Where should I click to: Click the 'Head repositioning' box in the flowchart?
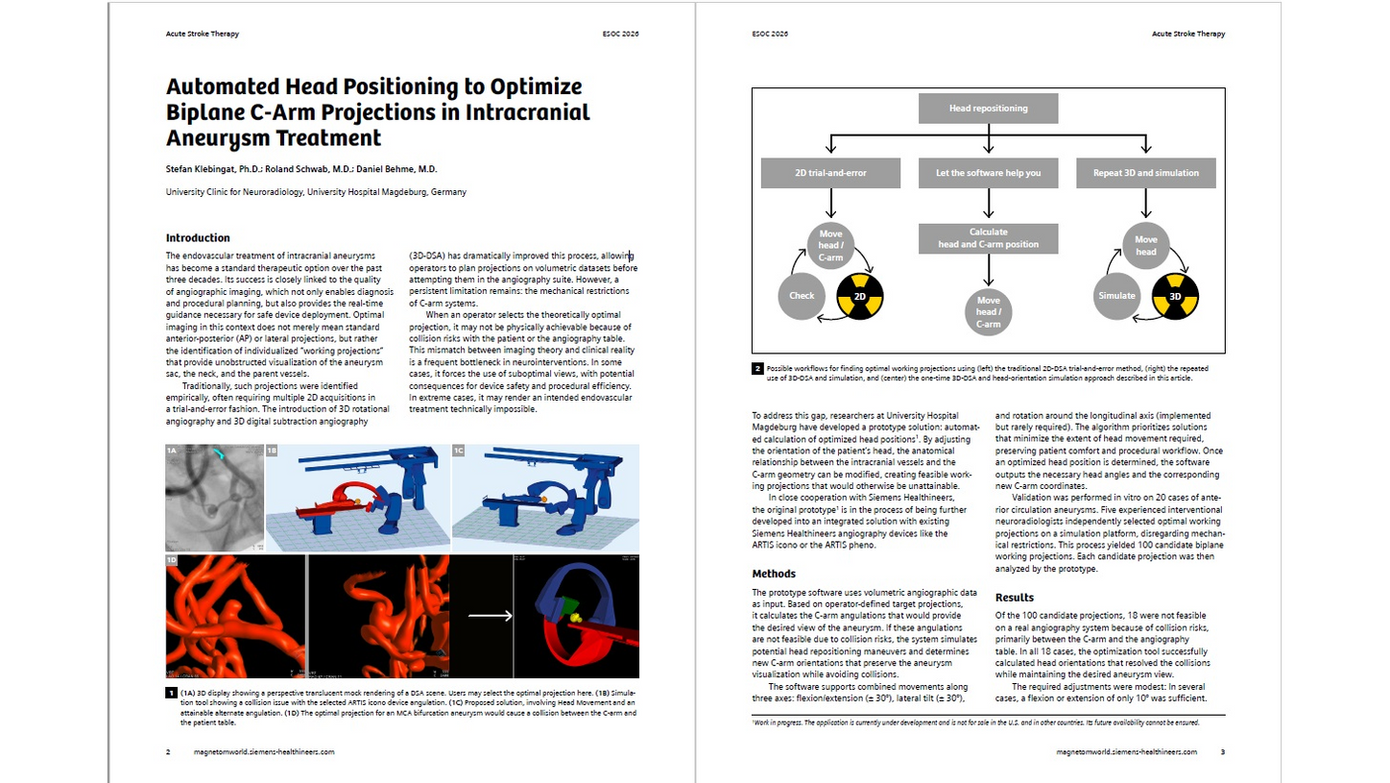click(988, 109)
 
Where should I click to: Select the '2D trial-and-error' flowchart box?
click(831, 173)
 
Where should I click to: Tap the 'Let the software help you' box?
click(988, 173)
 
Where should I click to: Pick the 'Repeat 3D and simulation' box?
click(1145, 173)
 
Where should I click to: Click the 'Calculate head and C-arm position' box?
click(988, 238)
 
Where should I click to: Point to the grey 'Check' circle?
click(802, 296)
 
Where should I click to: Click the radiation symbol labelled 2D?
click(861, 296)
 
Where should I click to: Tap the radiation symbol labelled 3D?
click(1175, 296)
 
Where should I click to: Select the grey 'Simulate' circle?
click(1116, 296)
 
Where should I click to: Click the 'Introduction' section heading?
click(198, 237)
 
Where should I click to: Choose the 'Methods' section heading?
click(774, 574)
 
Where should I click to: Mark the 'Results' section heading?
click(1015, 597)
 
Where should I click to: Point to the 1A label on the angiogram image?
click(173, 451)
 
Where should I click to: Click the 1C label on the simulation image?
click(460, 451)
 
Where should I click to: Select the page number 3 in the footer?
click(1222, 751)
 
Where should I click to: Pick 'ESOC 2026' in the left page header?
click(617, 34)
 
